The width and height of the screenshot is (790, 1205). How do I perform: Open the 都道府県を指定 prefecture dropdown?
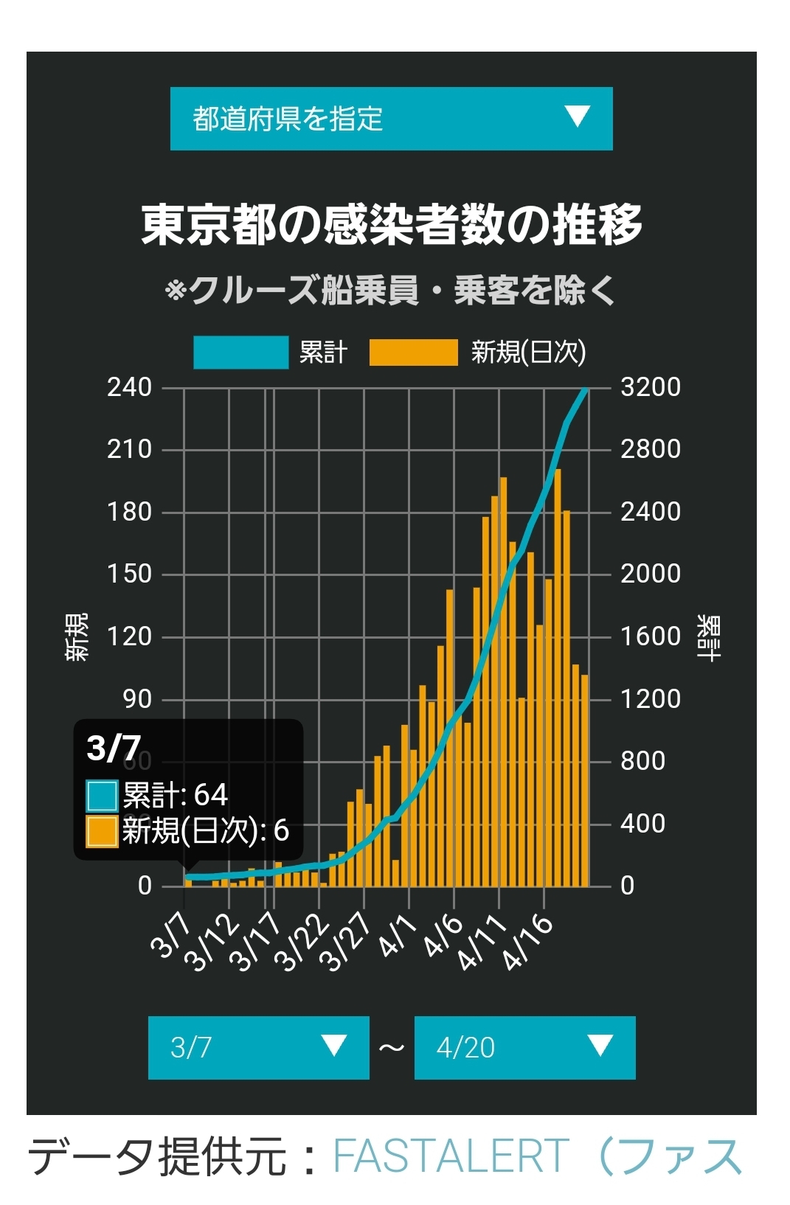391,118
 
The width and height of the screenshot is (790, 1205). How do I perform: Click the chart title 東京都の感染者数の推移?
392,225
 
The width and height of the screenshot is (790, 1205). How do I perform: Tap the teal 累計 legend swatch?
241,353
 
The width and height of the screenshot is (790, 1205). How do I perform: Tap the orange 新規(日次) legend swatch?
413,353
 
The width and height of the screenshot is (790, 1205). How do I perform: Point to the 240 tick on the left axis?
130,387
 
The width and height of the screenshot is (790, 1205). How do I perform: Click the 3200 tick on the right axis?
651,387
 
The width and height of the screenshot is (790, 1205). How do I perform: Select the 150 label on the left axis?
130,574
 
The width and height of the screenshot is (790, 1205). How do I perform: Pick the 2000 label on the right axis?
651,574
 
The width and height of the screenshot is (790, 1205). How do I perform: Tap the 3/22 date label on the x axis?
303,944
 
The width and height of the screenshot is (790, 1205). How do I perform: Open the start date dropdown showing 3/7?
259,1047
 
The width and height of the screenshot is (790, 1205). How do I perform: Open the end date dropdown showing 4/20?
524,1047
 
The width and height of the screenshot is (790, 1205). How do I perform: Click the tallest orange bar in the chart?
558,678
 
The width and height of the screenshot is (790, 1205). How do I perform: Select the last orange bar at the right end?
585,780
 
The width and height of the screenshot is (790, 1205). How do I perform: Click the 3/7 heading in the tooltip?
114,749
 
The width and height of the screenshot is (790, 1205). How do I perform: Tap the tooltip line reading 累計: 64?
156,795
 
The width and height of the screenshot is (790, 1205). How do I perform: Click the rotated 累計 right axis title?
709,637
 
